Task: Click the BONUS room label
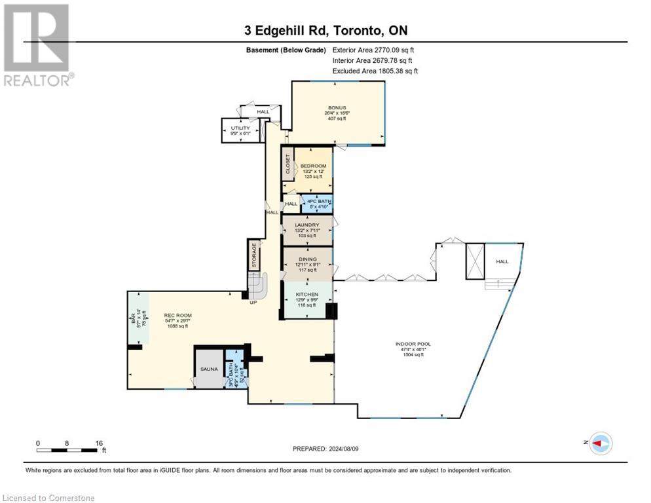click(x=337, y=108)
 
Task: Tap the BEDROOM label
click(x=313, y=166)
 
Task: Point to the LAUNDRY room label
click(x=307, y=225)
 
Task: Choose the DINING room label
click(x=307, y=259)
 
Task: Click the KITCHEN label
click(x=307, y=295)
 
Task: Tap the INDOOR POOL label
click(x=413, y=344)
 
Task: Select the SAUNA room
click(x=209, y=369)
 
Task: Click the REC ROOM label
click(x=176, y=316)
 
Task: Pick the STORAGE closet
click(x=254, y=255)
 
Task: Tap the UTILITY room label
click(x=240, y=128)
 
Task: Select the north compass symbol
click(x=600, y=443)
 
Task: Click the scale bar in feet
click(x=68, y=450)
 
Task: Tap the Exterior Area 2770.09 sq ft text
click(x=373, y=50)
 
